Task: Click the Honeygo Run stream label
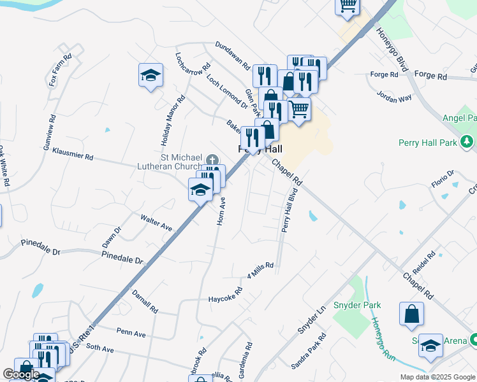[384, 339]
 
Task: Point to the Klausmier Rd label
[72, 156]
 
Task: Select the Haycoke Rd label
[226, 295]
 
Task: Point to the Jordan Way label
[394, 97]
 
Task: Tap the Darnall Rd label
[145, 301]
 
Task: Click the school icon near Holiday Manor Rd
[150, 76]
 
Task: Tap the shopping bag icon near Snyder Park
[411, 313]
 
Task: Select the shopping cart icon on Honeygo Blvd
[348, 6]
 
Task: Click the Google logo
[21, 374]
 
